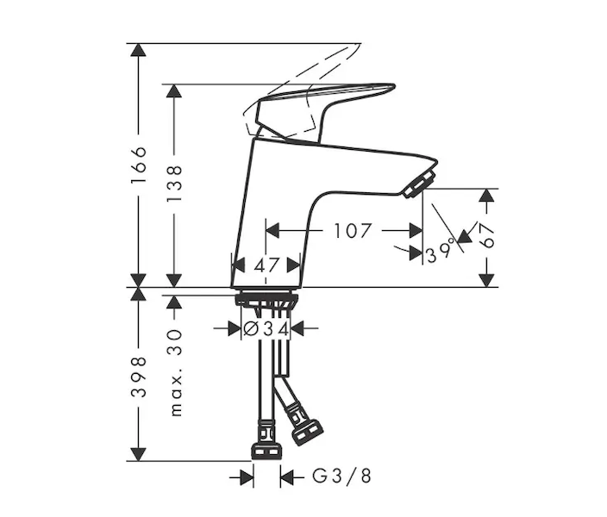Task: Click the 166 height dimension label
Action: click(139, 165)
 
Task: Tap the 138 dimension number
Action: click(174, 183)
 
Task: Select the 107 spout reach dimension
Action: click(353, 231)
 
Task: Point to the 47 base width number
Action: click(266, 265)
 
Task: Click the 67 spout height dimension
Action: click(487, 236)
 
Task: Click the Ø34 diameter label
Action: click(266, 329)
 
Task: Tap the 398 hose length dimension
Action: click(139, 377)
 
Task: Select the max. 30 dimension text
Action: click(175, 373)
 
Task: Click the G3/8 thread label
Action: click(341, 477)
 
